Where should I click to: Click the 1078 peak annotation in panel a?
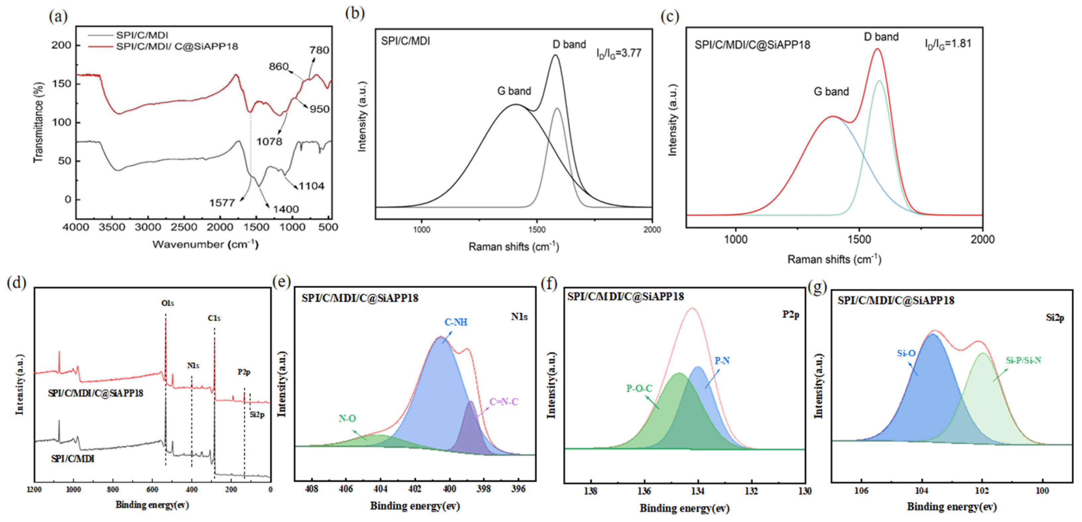click(269, 141)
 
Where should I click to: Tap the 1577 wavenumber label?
click(222, 203)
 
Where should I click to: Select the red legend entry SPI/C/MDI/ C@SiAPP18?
click(177, 46)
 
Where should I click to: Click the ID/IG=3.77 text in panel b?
click(619, 53)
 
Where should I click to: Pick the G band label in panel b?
click(514, 91)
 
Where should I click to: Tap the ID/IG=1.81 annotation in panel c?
click(948, 44)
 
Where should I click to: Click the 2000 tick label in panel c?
click(983, 239)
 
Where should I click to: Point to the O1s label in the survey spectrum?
click(168, 303)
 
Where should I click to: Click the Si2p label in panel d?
click(257, 415)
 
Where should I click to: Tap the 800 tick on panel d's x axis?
click(113, 489)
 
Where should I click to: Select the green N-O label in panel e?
click(347, 418)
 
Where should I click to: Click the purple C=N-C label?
click(504, 402)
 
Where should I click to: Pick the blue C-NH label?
click(456, 322)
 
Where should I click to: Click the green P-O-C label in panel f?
click(639, 388)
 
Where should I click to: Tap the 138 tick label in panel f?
click(591, 491)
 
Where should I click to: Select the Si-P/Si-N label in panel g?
click(1023, 360)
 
